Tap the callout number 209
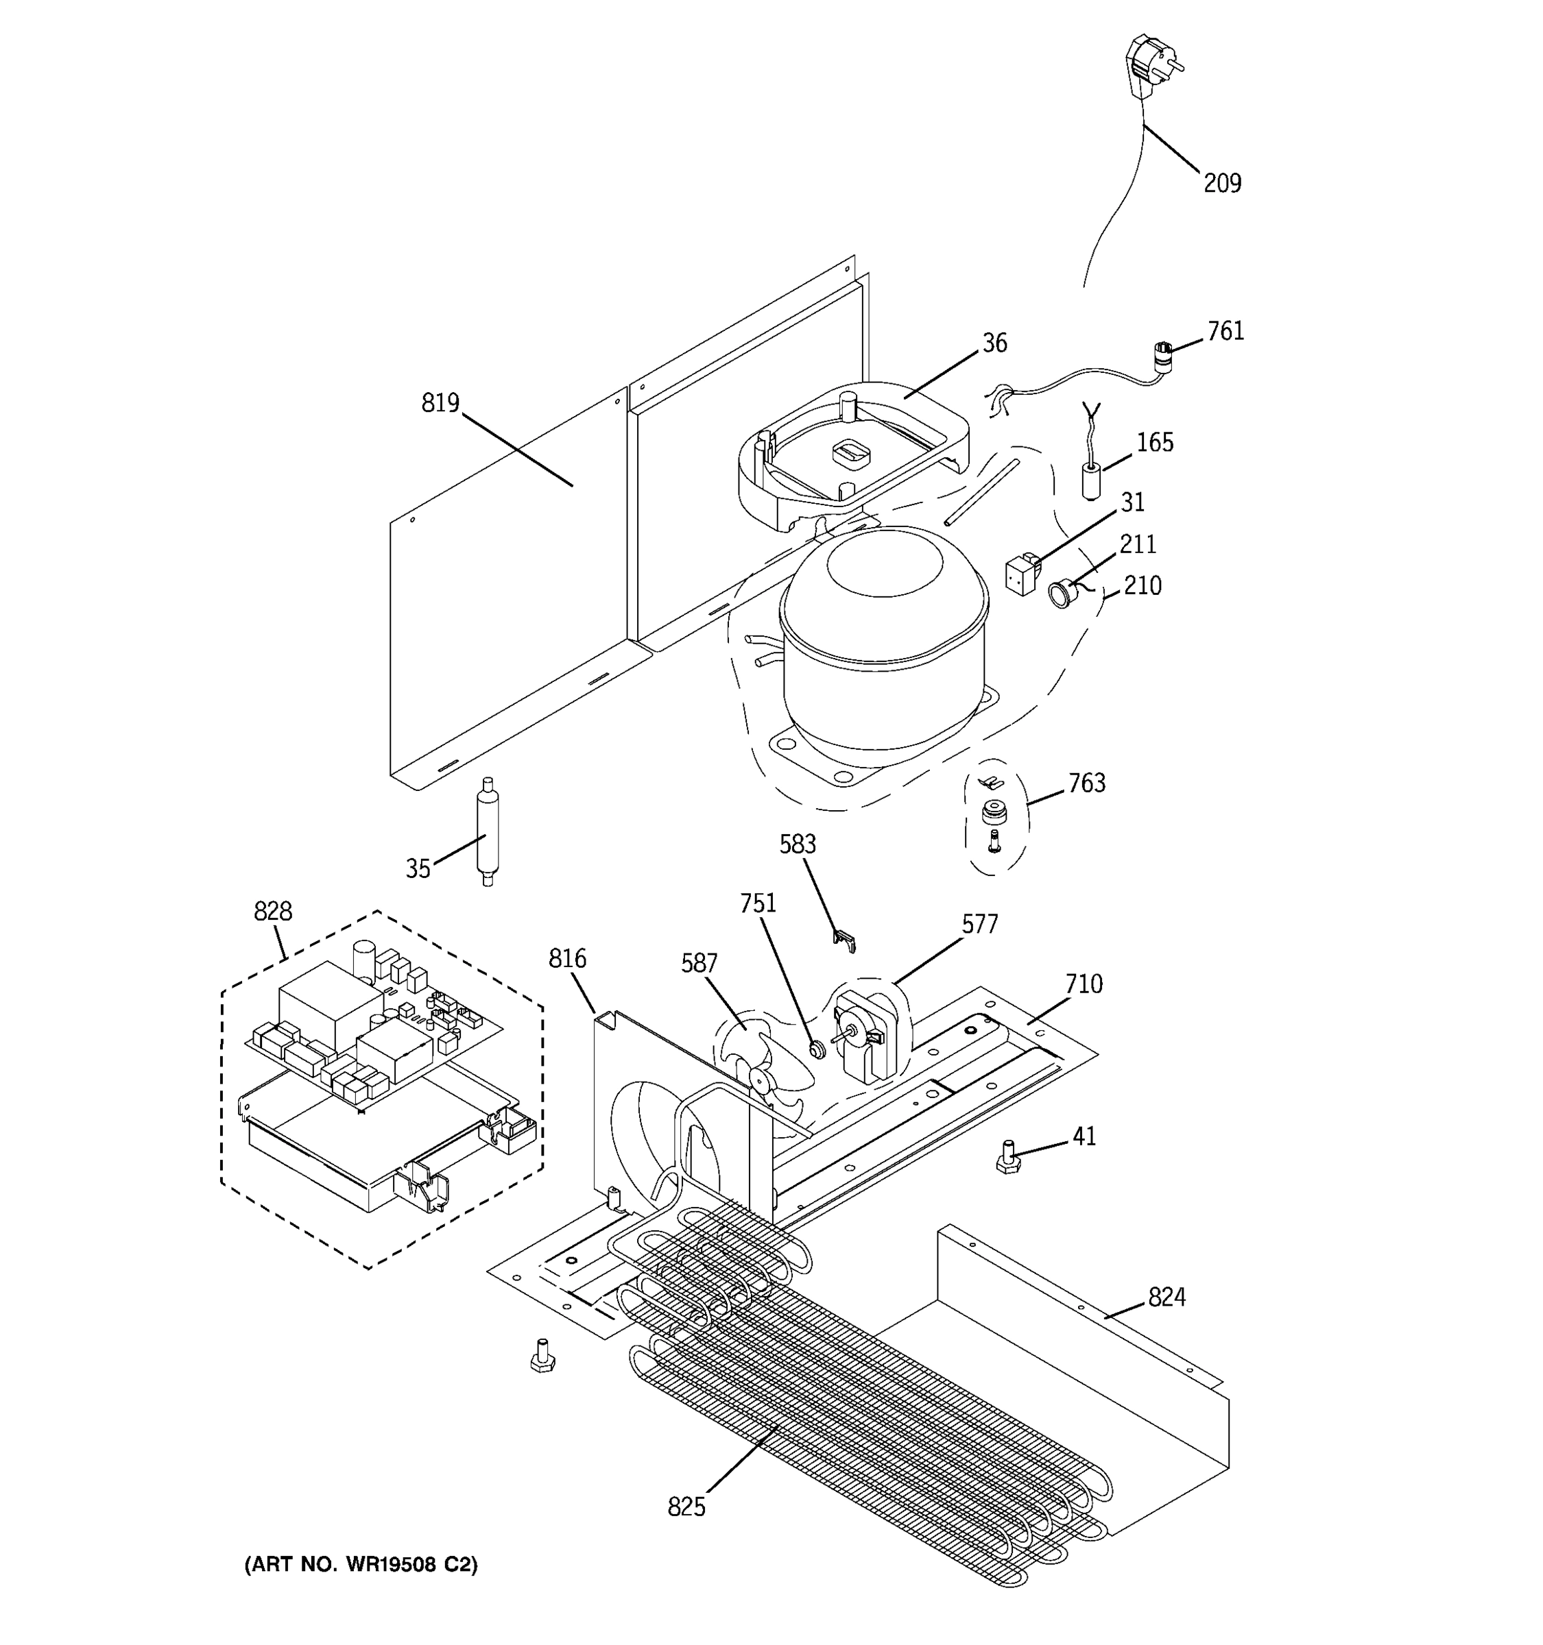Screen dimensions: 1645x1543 click(x=1222, y=184)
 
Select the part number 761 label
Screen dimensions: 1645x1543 click(x=1225, y=331)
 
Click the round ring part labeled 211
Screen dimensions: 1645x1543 click(x=1060, y=594)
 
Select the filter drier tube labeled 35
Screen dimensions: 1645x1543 click(x=487, y=831)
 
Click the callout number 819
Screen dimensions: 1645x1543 click(x=440, y=403)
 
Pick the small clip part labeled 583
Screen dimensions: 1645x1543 click(x=843, y=940)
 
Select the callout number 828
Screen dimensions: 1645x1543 click(x=272, y=911)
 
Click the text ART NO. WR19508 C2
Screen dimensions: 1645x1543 click(x=360, y=1565)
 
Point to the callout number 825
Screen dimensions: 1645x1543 click(x=686, y=1508)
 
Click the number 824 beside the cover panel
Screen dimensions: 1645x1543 click(x=1167, y=1297)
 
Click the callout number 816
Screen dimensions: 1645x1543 click(x=567, y=959)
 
